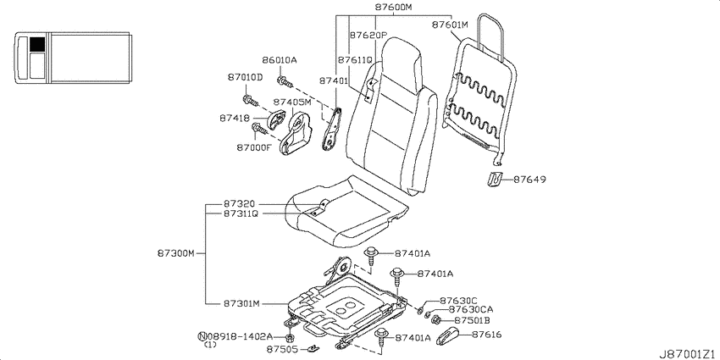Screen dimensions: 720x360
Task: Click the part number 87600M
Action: click(394, 8)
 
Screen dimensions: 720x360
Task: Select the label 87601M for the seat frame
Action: click(450, 25)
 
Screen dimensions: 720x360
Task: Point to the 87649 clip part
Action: click(494, 179)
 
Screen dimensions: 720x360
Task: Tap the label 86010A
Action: click(280, 60)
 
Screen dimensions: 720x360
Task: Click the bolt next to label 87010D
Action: click(250, 100)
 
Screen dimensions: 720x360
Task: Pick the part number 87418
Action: click(234, 119)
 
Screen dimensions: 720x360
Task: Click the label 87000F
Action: click(254, 147)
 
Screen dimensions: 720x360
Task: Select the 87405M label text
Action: click(292, 102)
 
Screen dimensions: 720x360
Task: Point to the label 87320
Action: click(239, 203)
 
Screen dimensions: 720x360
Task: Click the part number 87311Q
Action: click(241, 213)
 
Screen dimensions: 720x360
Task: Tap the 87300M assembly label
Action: click(177, 253)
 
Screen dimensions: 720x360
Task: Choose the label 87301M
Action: click(242, 303)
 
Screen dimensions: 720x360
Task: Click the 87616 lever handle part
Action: click(446, 336)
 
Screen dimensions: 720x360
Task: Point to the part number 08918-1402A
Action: click(239, 336)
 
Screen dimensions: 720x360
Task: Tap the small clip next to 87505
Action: click(313, 349)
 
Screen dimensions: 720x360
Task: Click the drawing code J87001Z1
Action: click(688, 354)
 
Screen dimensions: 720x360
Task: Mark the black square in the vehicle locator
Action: click(37, 45)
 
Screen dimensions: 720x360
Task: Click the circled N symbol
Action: click(202, 336)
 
